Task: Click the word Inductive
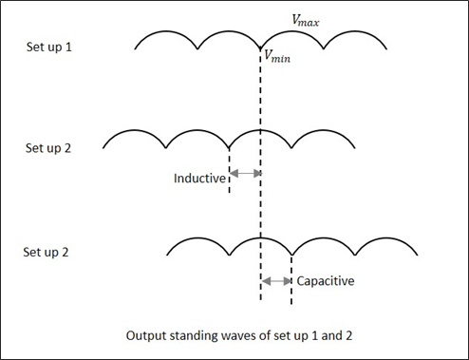(199, 178)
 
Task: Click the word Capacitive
(326, 281)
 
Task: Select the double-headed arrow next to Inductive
(245, 174)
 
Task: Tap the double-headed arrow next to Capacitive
(276, 281)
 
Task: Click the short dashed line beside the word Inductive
(229, 171)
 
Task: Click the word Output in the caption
(147, 335)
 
